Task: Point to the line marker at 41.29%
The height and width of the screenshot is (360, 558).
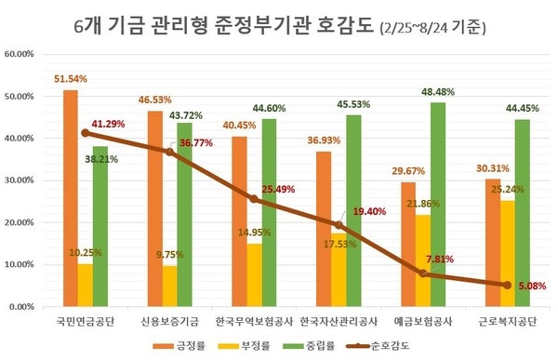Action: pos(86,133)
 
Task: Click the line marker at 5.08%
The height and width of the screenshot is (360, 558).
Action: pos(507,285)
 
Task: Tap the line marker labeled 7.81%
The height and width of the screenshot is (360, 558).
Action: pos(422,273)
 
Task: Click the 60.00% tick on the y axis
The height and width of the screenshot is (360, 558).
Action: pos(20,54)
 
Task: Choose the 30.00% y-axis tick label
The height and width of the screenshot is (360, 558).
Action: pos(20,180)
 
